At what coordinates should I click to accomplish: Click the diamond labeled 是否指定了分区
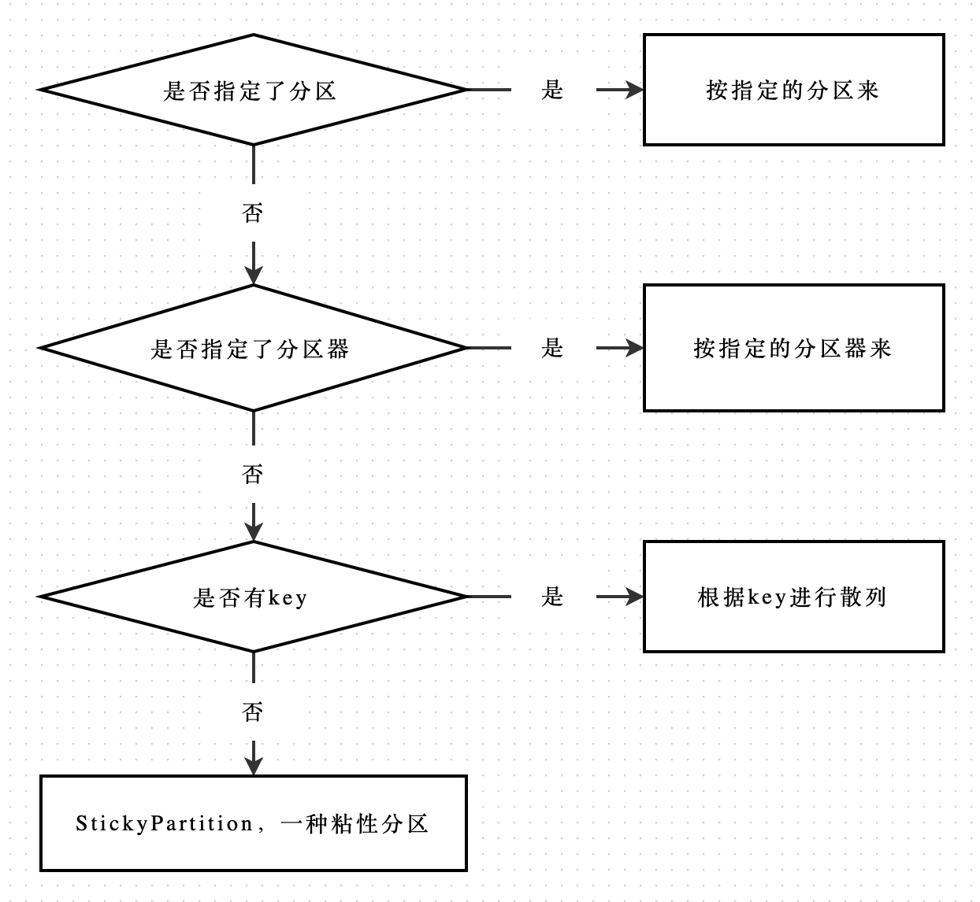252,90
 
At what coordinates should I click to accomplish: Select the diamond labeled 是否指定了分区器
252,348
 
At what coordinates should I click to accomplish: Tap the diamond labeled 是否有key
252,597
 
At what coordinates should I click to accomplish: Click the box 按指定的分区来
793,90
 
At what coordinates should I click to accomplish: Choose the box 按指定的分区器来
793,348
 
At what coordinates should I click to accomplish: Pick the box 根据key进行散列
793,597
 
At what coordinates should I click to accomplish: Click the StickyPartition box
253,823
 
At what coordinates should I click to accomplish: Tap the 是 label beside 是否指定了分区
552,90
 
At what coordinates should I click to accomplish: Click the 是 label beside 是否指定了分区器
552,348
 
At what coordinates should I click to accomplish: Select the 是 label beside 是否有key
552,597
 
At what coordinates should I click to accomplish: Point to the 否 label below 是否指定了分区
252,213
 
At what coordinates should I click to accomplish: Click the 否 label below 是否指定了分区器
252,474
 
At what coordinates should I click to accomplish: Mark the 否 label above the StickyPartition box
252,712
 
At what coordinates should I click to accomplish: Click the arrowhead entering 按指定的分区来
634,90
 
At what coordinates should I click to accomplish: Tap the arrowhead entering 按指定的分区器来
634,348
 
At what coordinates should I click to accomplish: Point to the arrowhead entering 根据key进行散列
634,597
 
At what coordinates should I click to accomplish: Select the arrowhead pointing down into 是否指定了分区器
253,275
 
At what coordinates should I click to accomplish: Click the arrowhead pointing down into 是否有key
253,532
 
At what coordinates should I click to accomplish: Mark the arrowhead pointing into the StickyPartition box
253,766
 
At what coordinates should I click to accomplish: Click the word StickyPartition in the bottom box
164,824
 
